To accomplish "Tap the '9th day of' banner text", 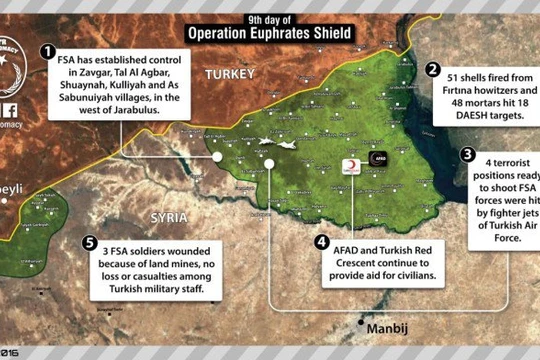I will [270, 17].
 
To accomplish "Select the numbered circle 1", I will [47, 50].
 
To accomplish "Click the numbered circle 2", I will [433, 70].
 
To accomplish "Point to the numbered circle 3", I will [467, 154].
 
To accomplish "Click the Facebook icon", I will [8, 111].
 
